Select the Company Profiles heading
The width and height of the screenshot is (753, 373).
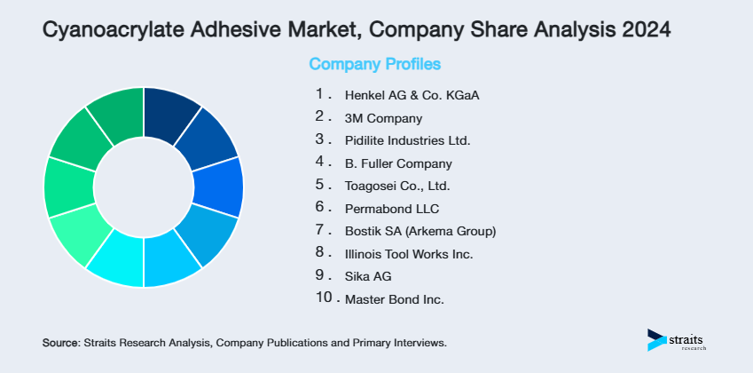374,65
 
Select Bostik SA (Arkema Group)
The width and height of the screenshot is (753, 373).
420,232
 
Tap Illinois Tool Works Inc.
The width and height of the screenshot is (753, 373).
408,255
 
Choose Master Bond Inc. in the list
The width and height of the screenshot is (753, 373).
394,300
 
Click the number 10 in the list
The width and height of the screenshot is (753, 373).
325,298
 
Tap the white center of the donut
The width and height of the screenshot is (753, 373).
143,187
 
